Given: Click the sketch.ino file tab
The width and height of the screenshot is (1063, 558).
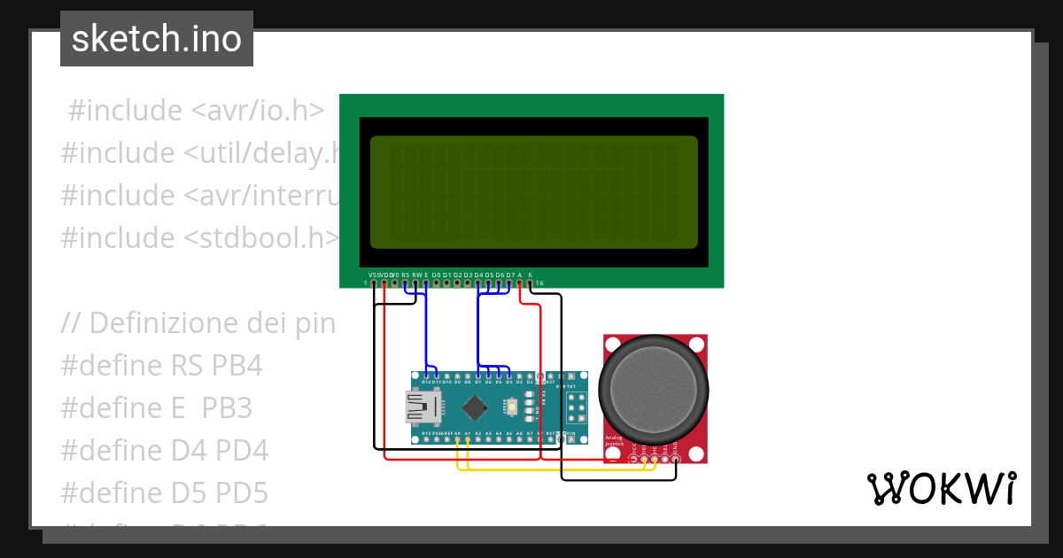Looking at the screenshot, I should point(157,39).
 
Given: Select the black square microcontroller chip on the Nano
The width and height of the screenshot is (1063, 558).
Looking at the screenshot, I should point(477,407).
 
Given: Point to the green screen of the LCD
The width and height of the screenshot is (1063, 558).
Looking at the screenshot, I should point(533,192).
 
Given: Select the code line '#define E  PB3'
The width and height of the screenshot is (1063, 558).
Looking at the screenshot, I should point(157,408).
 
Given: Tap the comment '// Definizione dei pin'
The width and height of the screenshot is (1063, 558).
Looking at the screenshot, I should point(198,323).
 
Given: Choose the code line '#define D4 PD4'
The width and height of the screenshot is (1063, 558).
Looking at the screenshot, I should point(165,451).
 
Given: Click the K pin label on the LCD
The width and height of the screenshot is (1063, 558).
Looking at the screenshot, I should point(531,275).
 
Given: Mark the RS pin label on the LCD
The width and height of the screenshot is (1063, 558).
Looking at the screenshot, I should point(406,275).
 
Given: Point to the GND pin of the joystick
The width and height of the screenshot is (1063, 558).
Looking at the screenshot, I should point(676,457).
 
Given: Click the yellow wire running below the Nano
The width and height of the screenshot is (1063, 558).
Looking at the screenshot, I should point(549,469).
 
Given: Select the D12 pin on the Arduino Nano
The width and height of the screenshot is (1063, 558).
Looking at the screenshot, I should point(426,376).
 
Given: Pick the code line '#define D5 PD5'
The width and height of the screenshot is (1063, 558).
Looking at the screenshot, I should point(165,492).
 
